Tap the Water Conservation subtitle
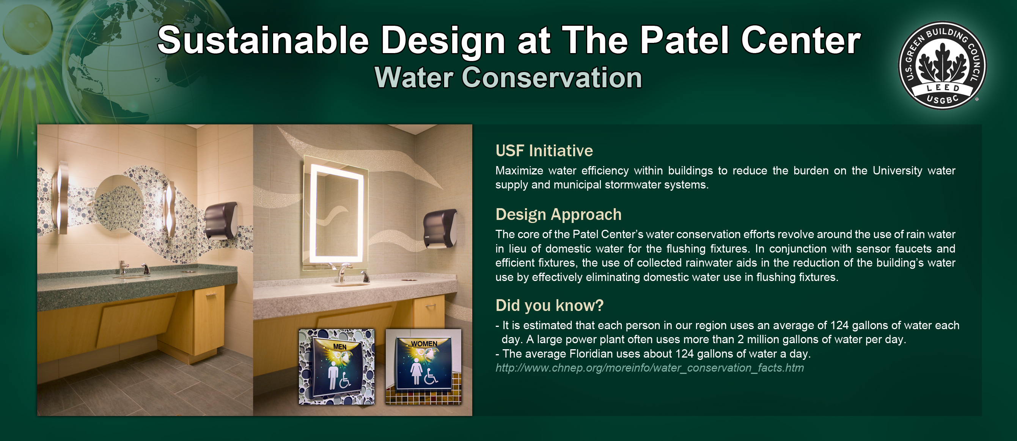pyautogui.click(x=508, y=77)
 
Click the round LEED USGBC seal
pyautogui.click(x=942, y=66)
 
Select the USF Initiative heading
pyautogui.click(x=544, y=151)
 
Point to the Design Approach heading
pyautogui.click(x=558, y=215)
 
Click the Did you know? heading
pyautogui.click(x=550, y=305)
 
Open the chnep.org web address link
pyautogui.click(x=649, y=368)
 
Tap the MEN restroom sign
pyautogui.click(x=336, y=366)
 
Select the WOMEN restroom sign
pyautogui.click(x=423, y=366)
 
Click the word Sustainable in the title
pyautogui.click(x=263, y=40)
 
